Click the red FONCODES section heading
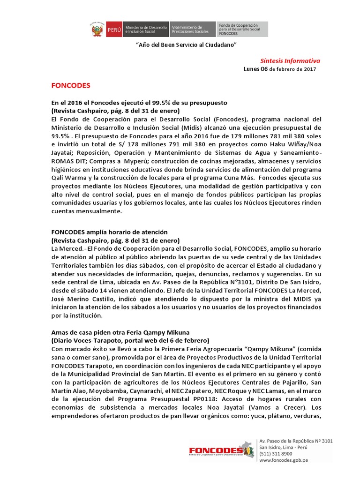pos(70,86)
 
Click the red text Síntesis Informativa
pos(290,61)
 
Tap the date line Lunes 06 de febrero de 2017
pos(280,69)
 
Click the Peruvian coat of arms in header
pos(97,30)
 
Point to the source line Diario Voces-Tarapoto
pos(130,340)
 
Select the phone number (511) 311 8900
pos(276,454)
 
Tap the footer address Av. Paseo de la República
pos(295,441)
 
